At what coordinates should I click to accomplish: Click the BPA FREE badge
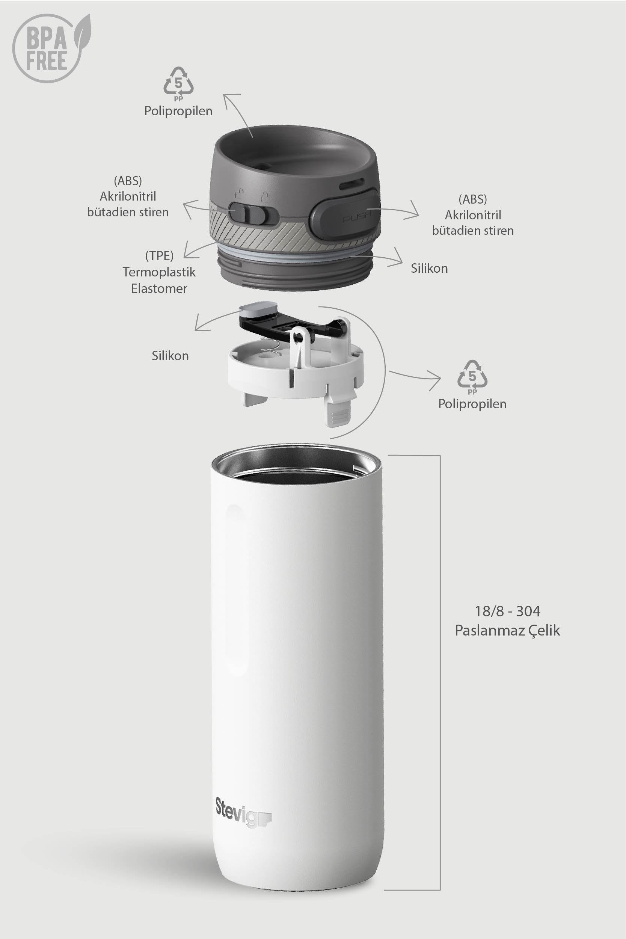[51, 48]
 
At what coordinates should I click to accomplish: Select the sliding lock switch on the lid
[252, 214]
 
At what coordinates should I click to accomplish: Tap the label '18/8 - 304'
[507, 611]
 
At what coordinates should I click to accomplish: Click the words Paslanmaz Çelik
[507, 631]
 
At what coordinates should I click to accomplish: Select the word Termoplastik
[159, 272]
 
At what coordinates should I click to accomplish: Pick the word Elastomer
[159, 288]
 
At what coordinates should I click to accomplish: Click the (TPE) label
[159, 255]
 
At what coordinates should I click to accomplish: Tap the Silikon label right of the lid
[429, 268]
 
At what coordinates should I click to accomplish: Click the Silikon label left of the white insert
[170, 356]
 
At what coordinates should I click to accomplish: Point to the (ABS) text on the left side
[128, 181]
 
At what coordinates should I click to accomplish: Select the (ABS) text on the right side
[473, 199]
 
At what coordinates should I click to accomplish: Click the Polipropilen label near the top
[178, 111]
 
